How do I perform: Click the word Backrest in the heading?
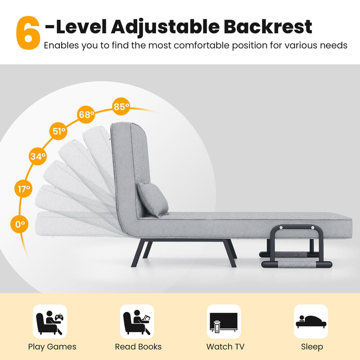267,27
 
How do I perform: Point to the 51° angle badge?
58,132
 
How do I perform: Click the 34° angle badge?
38,157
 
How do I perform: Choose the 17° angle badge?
24,189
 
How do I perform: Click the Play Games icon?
50,321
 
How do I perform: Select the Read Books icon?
137,321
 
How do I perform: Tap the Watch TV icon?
224,321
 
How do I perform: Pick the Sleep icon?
311,321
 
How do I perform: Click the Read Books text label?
138,346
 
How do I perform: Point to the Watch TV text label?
225,346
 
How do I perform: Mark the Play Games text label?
52,346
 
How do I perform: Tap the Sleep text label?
312,346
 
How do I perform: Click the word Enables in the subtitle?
60,45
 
